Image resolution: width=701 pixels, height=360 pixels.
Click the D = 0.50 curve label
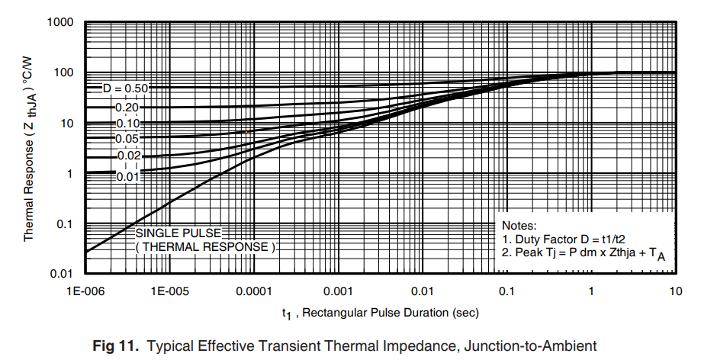125,88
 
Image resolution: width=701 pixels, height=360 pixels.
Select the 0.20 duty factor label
127,108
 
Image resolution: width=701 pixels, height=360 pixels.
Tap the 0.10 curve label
127,123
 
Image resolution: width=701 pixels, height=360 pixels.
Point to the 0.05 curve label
127,139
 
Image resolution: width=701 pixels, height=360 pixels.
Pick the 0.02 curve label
127,156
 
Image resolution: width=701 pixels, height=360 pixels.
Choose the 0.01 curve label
127,177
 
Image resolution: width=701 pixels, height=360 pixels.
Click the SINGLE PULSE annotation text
178,233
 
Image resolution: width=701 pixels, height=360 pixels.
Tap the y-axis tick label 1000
59,22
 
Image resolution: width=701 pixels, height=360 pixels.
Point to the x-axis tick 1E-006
86,292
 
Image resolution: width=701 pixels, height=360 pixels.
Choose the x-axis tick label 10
675,292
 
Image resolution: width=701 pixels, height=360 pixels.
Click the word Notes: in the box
519,226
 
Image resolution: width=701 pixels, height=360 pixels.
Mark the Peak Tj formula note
583,253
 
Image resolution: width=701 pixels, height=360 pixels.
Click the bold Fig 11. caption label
117,346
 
